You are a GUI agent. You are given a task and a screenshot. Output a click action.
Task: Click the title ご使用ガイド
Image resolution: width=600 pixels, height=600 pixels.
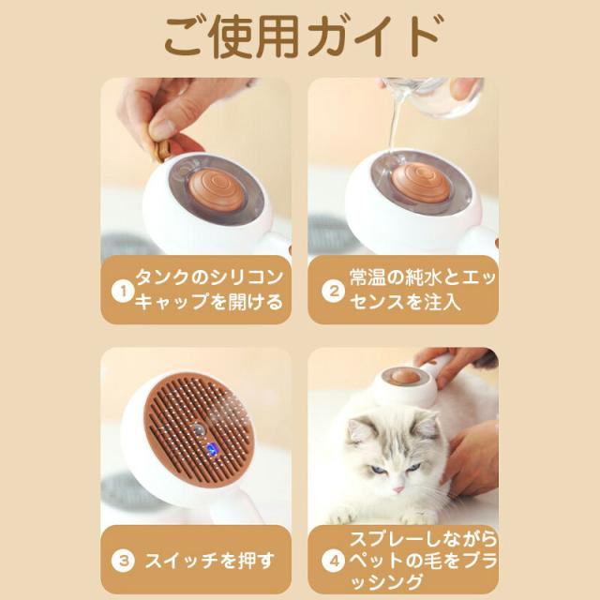(302, 37)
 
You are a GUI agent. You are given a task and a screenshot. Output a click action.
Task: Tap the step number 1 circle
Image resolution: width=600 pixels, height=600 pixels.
(123, 292)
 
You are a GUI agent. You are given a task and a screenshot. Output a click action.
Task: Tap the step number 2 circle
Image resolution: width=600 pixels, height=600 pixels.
(334, 292)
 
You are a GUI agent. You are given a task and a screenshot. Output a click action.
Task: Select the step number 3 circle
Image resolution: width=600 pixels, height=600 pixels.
(123, 561)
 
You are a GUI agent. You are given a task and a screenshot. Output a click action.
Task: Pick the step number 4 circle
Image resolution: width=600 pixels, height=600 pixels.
(334, 561)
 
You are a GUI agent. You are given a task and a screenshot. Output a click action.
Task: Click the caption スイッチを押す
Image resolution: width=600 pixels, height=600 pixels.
(210, 561)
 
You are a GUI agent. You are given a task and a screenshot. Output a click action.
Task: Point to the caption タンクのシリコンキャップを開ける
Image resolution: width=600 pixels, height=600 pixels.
(209, 290)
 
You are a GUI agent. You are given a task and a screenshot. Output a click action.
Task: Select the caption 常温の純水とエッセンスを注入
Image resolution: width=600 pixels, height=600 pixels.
(423, 290)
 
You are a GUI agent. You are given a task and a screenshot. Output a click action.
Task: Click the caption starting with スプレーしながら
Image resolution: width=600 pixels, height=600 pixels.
(423, 561)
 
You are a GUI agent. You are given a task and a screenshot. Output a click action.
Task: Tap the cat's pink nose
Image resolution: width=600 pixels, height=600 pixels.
(397, 489)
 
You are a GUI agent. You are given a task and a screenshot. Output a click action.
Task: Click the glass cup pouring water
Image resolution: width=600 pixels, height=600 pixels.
(432, 96)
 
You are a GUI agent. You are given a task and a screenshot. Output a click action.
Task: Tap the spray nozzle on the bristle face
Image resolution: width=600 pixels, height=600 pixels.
(198, 429)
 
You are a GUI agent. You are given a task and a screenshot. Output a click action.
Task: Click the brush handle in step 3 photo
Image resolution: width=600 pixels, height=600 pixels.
(234, 505)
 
